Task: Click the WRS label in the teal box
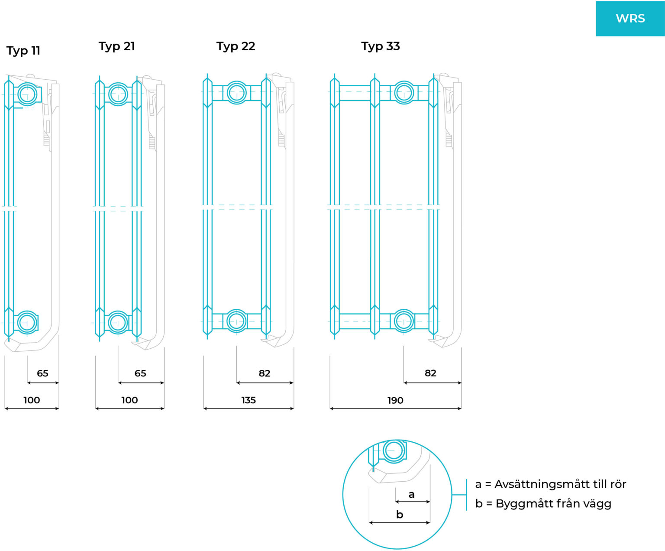coord(630,19)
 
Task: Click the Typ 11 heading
coord(23,51)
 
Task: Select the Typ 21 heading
coord(116,46)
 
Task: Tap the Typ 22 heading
coord(236,46)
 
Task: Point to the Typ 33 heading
coord(380,46)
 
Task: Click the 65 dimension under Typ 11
coord(42,373)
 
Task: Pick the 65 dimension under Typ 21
coord(140,373)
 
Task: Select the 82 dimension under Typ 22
coord(265,373)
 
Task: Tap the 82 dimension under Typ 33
coord(430,373)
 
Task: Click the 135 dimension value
coord(249,400)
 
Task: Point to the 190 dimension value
coord(395,400)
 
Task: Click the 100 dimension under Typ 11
coord(32,400)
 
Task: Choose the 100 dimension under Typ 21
coord(129,400)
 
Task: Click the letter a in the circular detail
coord(411,494)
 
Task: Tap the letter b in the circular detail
coord(400,514)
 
